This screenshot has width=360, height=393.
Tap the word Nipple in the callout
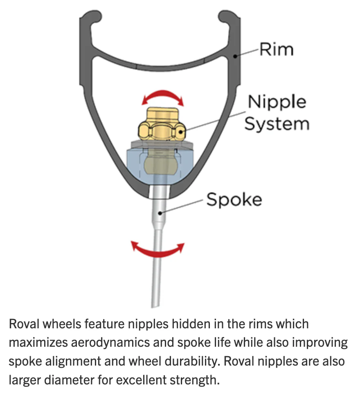click(x=277, y=102)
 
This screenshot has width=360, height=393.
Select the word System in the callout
click(x=277, y=123)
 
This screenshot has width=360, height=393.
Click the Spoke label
click(x=234, y=200)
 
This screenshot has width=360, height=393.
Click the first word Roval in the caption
click(x=23, y=324)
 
